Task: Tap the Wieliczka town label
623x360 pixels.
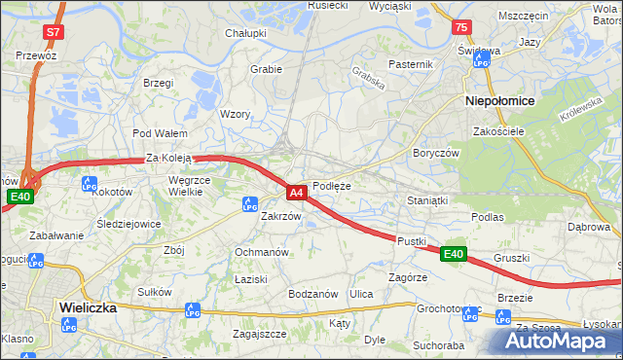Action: [88, 306]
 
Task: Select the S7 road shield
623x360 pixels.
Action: [53, 32]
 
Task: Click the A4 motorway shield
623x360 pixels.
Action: [298, 193]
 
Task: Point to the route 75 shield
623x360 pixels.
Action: [461, 27]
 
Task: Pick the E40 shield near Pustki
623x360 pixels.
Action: [453, 254]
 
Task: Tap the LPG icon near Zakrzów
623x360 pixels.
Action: [250, 203]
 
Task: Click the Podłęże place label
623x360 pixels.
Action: [332, 186]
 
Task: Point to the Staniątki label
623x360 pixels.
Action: [427, 200]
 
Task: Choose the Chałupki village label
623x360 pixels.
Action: [246, 33]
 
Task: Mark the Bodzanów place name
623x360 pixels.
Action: [312, 294]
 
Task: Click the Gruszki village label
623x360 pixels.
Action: [511, 258]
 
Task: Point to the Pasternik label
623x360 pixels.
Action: [410, 64]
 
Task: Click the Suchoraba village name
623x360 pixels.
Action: [437, 344]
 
